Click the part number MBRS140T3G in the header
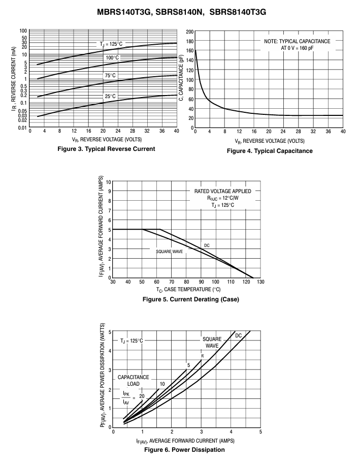(x=124, y=12)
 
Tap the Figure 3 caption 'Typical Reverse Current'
(x=120, y=149)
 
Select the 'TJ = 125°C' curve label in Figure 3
(x=111, y=44)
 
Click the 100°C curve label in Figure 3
(x=112, y=57)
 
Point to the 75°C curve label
(x=110, y=76)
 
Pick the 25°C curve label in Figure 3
(x=110, y=97)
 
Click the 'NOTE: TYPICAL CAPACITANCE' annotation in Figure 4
(x=297, y=41)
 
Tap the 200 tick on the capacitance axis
(x=190, y=32)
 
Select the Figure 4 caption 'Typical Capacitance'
(x=283, y=151)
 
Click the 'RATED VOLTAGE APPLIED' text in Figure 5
(x=223, y=191)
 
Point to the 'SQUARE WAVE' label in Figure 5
(x=170, y=252)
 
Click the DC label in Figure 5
(x=207, y=245)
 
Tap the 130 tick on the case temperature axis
(x=260, y=282)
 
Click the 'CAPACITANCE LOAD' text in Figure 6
(x=134, y=381)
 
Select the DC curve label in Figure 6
(x=239, y=336)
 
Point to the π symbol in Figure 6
(x=203, y=356)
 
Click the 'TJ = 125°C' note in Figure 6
(x=132, y=340)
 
